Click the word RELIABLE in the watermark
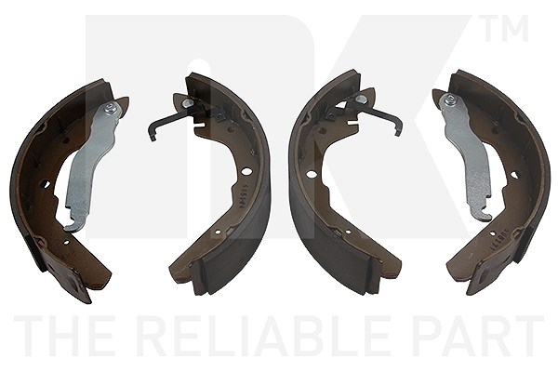(260, 336)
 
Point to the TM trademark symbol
(504, 28)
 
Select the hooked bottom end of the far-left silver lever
(73, 225)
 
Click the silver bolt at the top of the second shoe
(186, 103)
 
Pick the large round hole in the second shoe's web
(246, 171)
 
